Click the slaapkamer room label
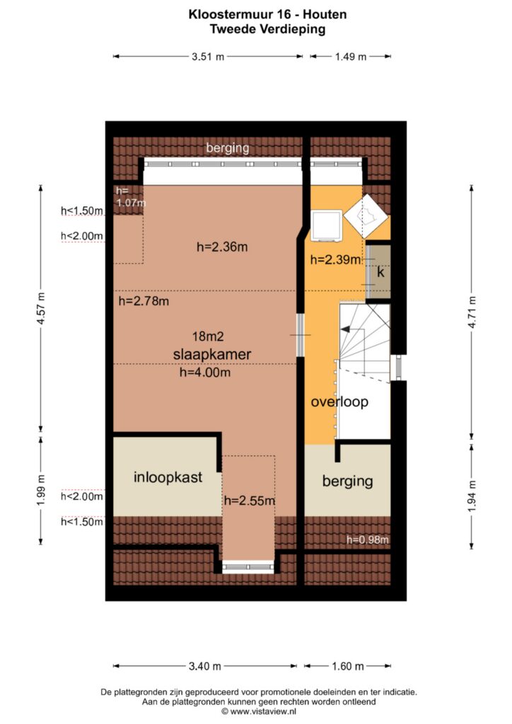(x=212, y=355)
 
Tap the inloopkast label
(x=168, y=477)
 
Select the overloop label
(x=339, y=402)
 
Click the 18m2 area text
(x=208, y=336)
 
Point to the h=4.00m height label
(x=205, y=372)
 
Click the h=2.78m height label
(x=144, y=301)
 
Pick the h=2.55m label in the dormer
(x=250, y=501)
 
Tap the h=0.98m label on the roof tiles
(x=368, y=539)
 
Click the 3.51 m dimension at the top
(x=208, y=57)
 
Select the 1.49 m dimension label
(x=351, y=57)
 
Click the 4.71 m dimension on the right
(x=472, y=312)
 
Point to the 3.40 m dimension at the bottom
(x=204, y=666)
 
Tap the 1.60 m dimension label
(x=348, y=666)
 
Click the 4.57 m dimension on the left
(x=40, y=308)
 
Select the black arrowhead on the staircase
(x=344, y=329)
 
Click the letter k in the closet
(x=380, y=272)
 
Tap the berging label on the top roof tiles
(x=228, y=148)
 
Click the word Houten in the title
(x=325, y=14)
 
